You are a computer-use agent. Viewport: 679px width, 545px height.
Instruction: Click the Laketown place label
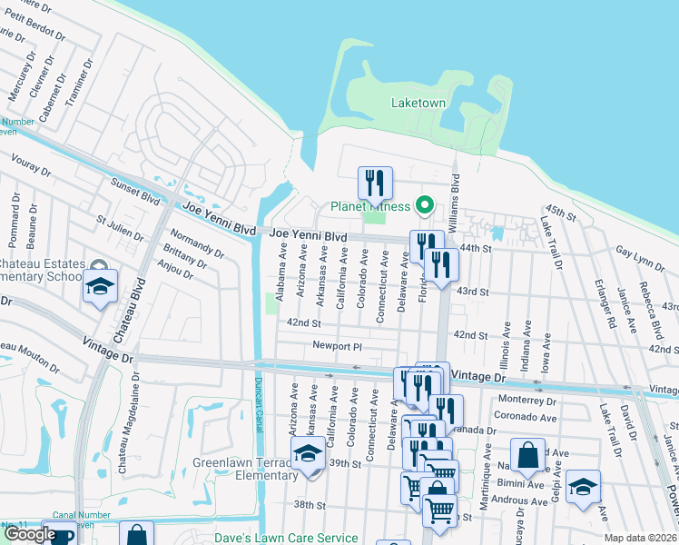coord(418,103)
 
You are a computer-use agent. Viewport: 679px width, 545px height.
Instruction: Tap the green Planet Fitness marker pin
coord(422,205)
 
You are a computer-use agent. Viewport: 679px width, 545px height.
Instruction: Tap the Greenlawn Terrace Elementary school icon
coord(308,453)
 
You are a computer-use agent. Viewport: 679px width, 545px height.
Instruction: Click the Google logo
coord(29,534)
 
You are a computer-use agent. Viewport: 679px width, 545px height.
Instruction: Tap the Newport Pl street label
coord(337,346)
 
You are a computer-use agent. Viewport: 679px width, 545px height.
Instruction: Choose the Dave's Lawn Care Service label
coord(286,538)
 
